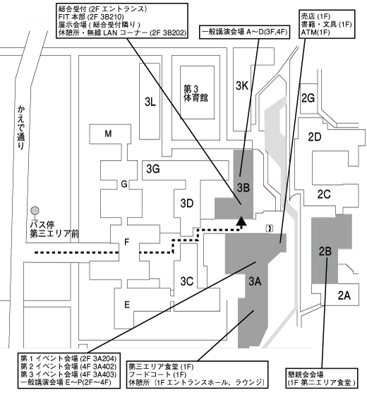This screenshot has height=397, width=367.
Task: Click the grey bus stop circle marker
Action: click(35, 210)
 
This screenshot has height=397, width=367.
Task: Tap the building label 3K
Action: click(242, 86)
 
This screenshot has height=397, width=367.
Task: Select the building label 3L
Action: click(150, 102)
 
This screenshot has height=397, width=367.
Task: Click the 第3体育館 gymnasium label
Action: click(195, 93)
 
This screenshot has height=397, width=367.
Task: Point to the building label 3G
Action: click(153, 169)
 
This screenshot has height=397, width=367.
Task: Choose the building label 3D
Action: click(187, 203)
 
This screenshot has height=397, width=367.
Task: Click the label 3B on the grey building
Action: click(243, 188)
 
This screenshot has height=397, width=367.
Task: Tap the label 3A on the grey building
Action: click(255, 281)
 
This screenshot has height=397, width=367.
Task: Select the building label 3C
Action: click(187, 281)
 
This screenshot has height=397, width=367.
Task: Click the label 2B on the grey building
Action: click(325, 252)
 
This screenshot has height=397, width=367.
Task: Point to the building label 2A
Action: click(344, 295)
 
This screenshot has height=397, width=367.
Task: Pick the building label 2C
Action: click(324, 194)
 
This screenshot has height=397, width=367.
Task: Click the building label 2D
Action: click(315, 137)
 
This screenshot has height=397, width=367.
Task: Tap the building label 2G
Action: click(308, 98)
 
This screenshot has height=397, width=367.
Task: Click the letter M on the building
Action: click(108, 133)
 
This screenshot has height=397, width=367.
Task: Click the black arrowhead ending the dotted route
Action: click(241, 221)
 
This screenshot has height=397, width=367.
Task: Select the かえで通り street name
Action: click(21, 127)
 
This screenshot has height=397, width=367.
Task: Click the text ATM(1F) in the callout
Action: click(315, 32)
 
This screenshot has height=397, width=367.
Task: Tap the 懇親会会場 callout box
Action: click(322, 378)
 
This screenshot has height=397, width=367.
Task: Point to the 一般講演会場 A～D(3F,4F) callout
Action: click(245, 32)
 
